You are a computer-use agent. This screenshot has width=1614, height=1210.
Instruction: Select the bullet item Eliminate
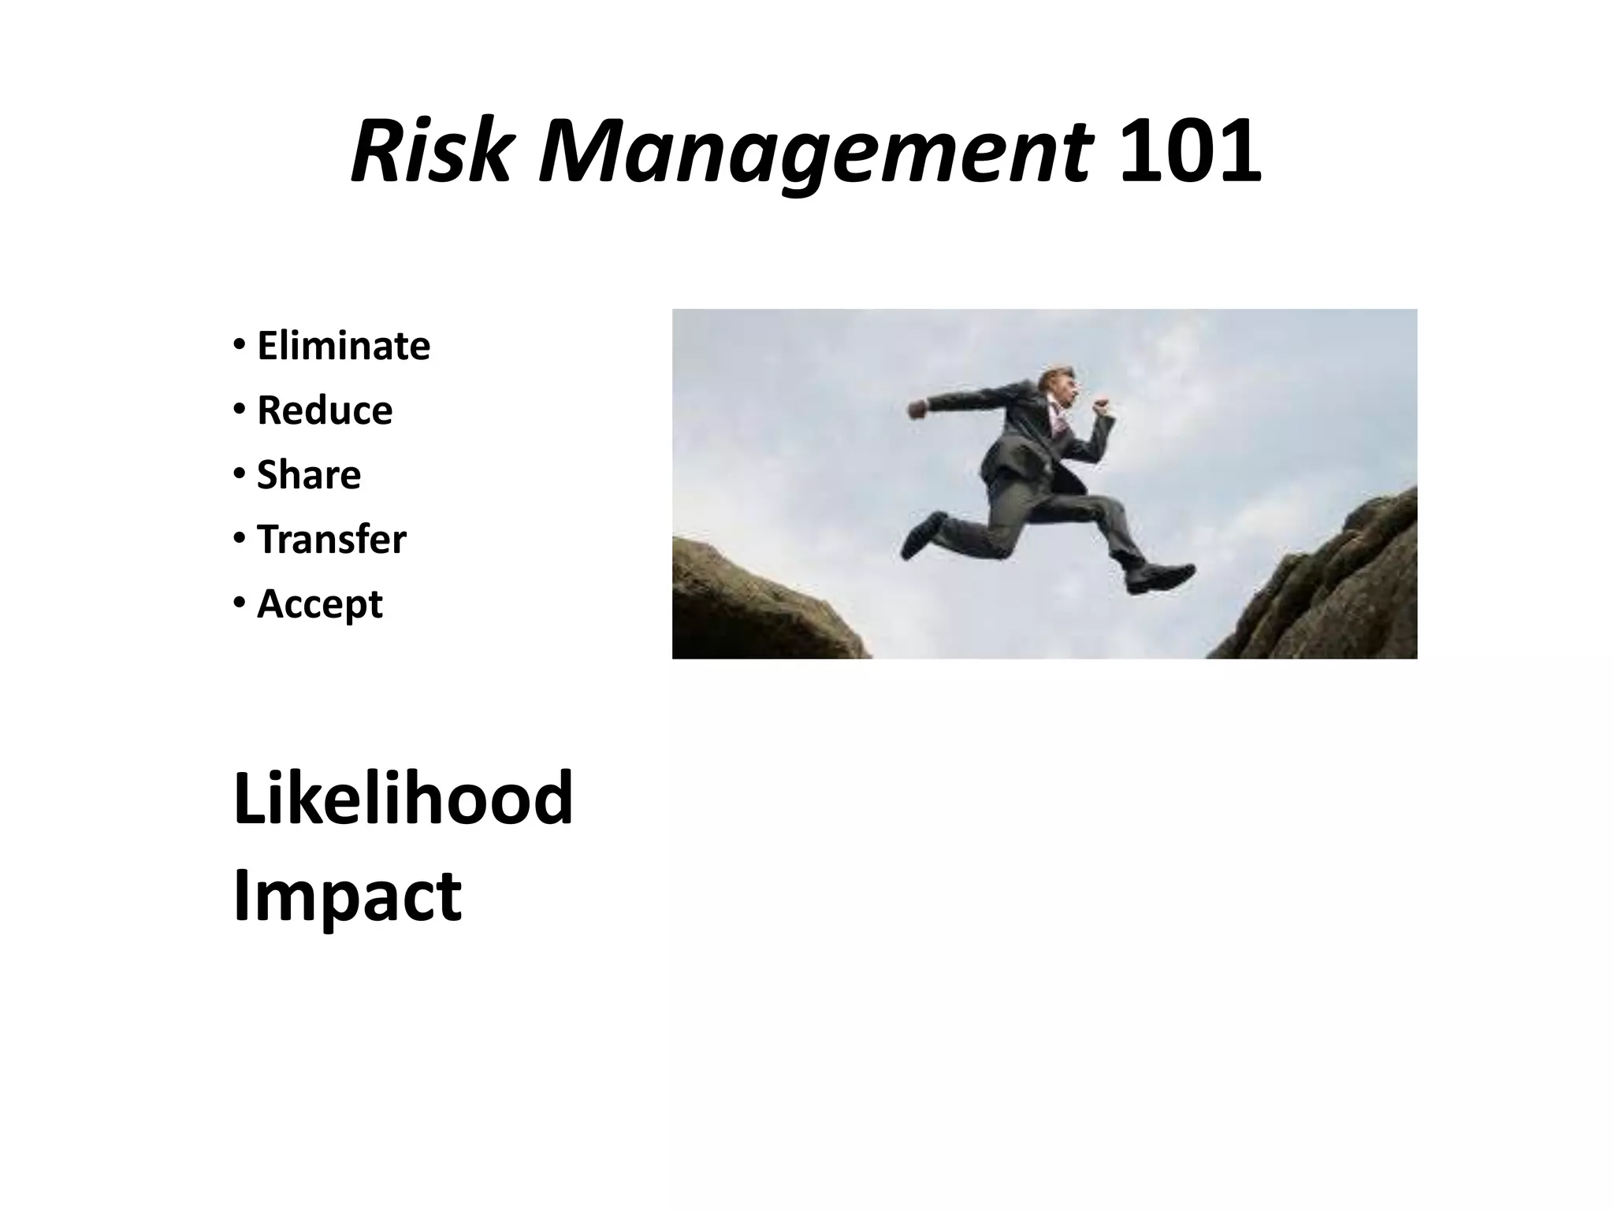click(344, 346)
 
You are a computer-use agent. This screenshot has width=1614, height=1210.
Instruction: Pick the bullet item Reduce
click(325, 410)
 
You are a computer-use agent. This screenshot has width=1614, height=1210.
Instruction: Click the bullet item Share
click(309, 475)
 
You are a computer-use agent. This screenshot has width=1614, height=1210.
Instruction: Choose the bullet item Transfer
click(332, 540)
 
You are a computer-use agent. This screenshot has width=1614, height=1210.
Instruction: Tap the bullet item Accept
click(320, 604)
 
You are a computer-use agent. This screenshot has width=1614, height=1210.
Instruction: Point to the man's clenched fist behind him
click(916, 410)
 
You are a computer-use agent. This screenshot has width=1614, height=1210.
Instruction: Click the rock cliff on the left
click(757, 607)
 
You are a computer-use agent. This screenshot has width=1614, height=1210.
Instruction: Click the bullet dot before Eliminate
click(238, 346)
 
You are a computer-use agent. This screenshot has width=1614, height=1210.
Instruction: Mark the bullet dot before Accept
click(238, 604)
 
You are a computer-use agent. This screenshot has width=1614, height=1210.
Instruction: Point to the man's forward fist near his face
click(1101, 407)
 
